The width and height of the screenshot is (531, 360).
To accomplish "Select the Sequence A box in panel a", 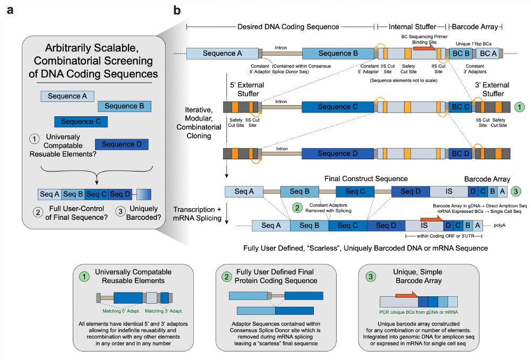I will tap(67, 96).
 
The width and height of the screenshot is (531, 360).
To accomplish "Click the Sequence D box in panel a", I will tap(122, 144).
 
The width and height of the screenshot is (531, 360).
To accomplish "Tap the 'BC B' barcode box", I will tap(460, 53).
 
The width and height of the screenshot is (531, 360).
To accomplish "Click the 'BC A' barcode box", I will tap(488, 53).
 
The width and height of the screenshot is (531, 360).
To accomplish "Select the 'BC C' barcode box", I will tap(460, 107).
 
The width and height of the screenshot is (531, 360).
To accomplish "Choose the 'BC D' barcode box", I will tap(460, 153).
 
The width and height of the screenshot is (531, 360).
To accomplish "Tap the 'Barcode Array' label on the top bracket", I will tap(476, 27).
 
